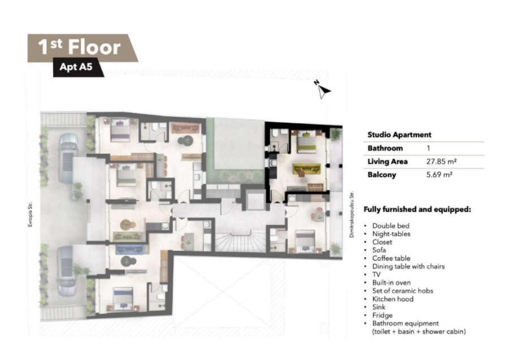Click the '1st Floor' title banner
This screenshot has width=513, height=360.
click(x=82, y=48)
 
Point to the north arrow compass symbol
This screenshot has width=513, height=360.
click(x=323, y=89)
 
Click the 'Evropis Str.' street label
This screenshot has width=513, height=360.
click(x=30, y=214)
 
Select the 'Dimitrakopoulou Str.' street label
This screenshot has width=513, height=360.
click(x=352, y=214)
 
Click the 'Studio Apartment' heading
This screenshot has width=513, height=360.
click(x=399, y=135)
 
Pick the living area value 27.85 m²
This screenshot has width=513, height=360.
click(x=441, y=161)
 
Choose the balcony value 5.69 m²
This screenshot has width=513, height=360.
click(x=440, y=175)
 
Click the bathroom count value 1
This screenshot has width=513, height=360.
click(x=428, y=148)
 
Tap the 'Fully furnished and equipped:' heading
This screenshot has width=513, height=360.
click(x=418, y=210)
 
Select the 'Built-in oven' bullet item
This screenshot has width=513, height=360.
click(x=392, y=283)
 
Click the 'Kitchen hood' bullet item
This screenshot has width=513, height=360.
click(x=393, y=299)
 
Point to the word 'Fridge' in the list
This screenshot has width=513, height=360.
click(x=382, y=315)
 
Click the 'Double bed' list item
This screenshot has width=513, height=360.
click(x=390, y=226)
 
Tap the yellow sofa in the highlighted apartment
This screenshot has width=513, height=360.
click(x=307, y=169)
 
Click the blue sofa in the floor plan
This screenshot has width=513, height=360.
click(x=129, y=249)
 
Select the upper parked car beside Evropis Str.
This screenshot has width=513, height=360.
click(x=68, y=158)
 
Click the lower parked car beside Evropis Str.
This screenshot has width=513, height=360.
click(x=67, y=271)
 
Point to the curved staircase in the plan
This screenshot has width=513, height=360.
click(x=241, y=241)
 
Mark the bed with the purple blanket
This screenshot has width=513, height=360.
click(x=120, y=130)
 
